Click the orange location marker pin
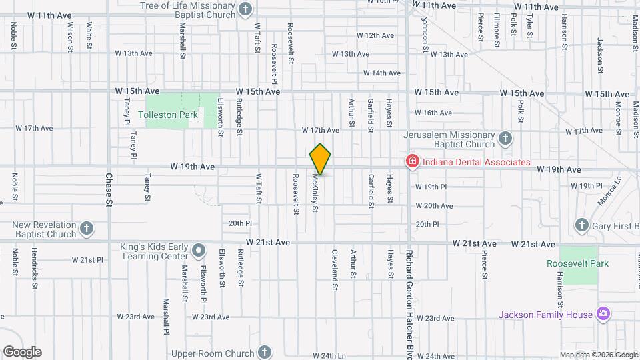(x=321, y=159)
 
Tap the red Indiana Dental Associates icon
(x=412, y=161)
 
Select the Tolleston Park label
(x=168, y=115)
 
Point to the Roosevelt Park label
(x=577, y=264)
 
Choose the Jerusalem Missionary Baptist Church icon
(x=505, y=139)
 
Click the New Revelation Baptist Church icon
(x=86, y=229)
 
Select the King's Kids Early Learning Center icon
(x=199, y=251)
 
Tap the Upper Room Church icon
(x=265, y=352)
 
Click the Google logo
(x=22, y=352)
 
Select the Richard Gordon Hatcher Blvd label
(x=410, y=303)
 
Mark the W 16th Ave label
(x=433, y=113)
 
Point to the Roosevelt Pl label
(x=274, y=60)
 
